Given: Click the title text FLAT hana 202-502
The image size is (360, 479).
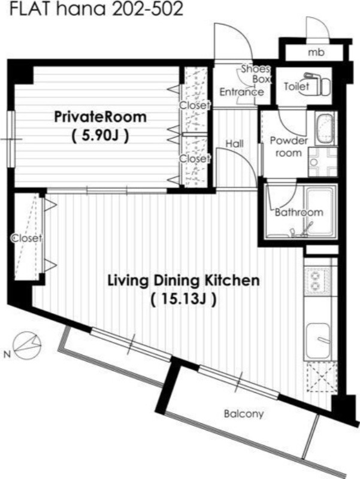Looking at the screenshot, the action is [96, 8].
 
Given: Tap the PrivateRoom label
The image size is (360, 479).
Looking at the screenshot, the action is [100, 117].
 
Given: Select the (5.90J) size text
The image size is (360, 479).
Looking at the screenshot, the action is [100, 136].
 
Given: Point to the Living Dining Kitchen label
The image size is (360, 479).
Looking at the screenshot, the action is [183, 280].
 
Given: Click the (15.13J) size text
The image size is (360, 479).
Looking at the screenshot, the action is [184, 299].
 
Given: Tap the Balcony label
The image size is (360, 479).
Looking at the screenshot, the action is [244, 414].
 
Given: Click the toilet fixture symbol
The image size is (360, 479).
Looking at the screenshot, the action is [318, 84].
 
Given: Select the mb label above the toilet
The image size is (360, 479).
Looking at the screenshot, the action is [316, 52].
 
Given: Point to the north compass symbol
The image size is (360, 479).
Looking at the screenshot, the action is [28, 345].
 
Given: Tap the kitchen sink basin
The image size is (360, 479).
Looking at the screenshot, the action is [318, 341].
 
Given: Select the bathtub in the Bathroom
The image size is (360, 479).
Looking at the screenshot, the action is [320, 212].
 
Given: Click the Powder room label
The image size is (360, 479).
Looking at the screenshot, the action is [289, 147].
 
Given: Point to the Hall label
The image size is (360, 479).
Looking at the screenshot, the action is [235, 143].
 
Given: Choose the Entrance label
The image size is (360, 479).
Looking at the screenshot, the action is [241, 92].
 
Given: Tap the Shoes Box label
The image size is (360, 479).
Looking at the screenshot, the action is [256, 74].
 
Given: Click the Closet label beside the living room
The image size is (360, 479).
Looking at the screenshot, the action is [26, 238].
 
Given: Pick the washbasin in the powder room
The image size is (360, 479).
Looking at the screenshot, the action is [323, 162].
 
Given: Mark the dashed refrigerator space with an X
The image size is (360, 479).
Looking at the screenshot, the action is [322, 377].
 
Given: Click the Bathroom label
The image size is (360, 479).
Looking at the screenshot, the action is [299, 212].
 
